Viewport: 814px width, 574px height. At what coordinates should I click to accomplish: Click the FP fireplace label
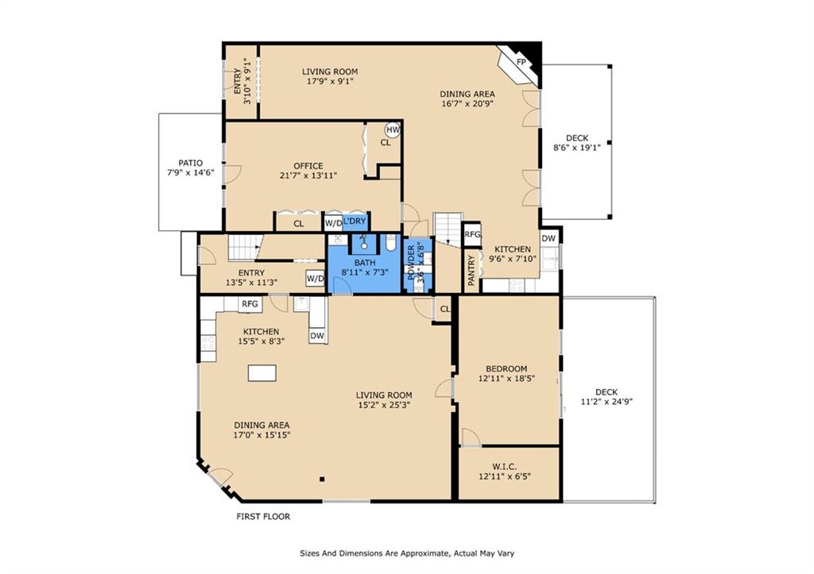[x=521, y=62]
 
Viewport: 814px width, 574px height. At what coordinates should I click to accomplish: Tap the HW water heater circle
[x=393, y=129]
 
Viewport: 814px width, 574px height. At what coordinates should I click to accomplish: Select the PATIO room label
[x=191, y=164]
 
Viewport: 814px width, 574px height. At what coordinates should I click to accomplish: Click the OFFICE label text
[x=308, y=167]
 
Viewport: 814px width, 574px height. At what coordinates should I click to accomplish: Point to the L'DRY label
[x=355, y=222]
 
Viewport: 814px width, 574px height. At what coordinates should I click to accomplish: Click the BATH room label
[x=365, y=263]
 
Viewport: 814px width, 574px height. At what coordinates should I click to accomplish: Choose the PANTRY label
[x=471, y=270]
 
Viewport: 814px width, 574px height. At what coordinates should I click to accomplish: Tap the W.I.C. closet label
[x=505, y=467]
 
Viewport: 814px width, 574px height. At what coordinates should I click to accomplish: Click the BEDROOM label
[x=506, y=369]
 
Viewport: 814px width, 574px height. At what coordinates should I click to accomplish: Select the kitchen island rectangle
[x=262, y=373]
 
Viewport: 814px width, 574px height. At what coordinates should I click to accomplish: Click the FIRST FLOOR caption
[x=263, y=517]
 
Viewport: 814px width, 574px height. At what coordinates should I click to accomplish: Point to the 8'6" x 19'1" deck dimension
[x=577, y=148]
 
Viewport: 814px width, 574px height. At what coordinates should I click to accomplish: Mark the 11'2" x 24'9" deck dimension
[x=607, y=402]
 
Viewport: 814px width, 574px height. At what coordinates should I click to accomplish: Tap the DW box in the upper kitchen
[x=548, y=238]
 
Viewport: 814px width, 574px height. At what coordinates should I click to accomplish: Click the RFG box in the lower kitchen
[x=250, y=304]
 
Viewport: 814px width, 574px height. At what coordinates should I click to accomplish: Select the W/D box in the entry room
[x=315, y=279]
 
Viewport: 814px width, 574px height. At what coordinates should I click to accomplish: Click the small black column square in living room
[x=322, y=480]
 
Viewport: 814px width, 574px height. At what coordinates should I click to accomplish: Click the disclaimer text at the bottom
[x=407, y=553]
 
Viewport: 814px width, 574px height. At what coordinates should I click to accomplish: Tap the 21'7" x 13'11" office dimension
[x=308, y=175]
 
